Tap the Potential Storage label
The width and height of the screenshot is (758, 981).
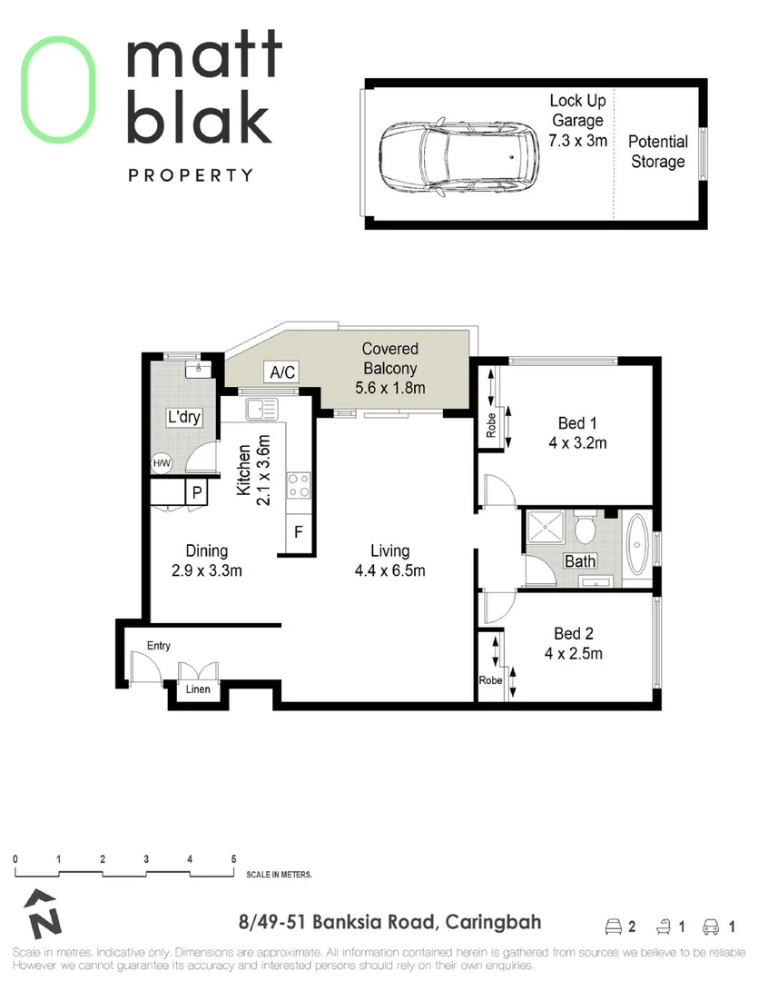(x=657, y=152)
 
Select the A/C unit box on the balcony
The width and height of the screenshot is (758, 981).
(x=280, y=372)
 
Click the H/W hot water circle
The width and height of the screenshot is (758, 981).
(x=162, y=463)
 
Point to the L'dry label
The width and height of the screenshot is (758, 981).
(x=182, y=418)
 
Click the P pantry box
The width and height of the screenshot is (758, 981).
(x=196, y=492)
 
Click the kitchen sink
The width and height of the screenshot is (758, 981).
(x=263, y=409)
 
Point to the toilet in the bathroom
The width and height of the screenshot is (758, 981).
(x=586, y=528)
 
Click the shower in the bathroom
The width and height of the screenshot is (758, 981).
(x=546, y=529)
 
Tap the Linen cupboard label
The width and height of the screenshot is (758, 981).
(x=198, y=689)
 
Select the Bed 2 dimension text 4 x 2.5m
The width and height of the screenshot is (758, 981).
(x=574, y=653)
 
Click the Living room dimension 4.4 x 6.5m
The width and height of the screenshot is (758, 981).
(x=389, y=570)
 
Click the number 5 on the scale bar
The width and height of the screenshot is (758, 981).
(x=233, y=858)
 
